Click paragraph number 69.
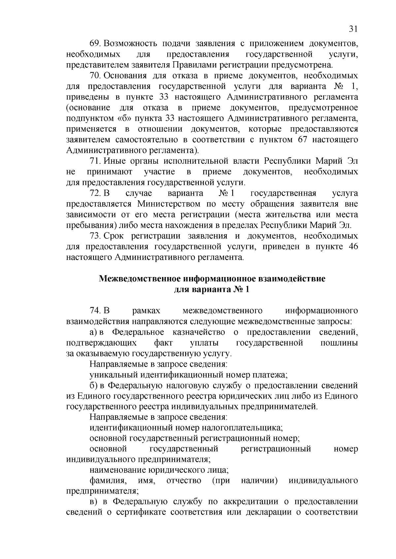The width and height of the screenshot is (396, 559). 95,43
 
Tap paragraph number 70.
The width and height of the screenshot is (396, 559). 95,76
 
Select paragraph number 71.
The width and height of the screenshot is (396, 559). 95,161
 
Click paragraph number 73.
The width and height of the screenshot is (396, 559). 95,236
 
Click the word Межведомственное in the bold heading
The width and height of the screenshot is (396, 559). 139,279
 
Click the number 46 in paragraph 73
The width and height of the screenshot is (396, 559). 353,247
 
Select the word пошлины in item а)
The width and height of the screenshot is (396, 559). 339,343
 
